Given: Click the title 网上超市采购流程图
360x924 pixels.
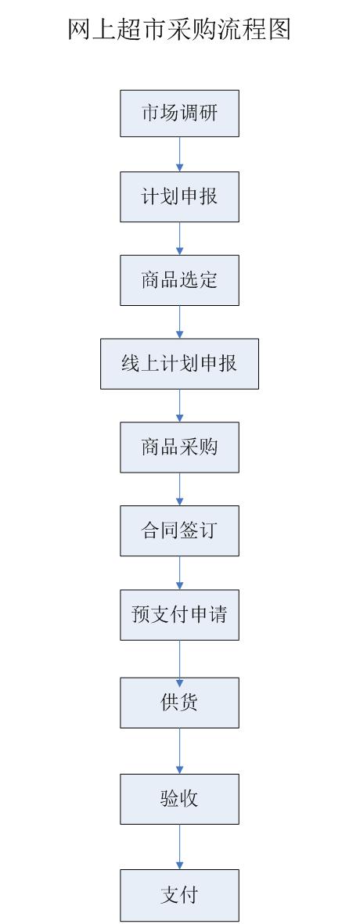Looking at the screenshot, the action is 179,29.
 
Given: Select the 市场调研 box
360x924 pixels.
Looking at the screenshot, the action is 180,113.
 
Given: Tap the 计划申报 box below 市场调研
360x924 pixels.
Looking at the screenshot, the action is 180,197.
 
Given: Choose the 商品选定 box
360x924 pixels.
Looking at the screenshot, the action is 180,280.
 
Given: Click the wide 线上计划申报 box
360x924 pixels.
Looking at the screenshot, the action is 180,364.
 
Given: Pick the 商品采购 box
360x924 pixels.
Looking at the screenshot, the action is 180,448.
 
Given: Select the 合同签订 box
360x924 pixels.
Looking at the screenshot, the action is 180,531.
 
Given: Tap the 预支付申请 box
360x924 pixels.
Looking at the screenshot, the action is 180,615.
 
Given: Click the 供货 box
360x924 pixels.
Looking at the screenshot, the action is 180,703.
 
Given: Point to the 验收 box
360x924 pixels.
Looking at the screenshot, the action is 180,799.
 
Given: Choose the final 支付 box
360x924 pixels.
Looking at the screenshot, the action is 180,895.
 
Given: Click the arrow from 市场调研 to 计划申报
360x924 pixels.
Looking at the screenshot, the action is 180,154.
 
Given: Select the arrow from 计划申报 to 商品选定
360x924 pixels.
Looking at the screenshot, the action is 180,239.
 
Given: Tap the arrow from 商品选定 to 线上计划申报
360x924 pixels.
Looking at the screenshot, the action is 180,322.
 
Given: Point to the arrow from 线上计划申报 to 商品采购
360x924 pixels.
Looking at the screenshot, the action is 180,406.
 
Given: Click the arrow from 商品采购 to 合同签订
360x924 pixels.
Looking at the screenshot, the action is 180,489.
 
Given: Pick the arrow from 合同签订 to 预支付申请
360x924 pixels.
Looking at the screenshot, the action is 180,573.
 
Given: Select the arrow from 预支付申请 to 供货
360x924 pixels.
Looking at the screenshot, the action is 180,659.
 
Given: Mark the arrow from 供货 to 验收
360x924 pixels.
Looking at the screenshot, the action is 180,751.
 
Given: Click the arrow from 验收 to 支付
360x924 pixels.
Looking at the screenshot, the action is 180,847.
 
